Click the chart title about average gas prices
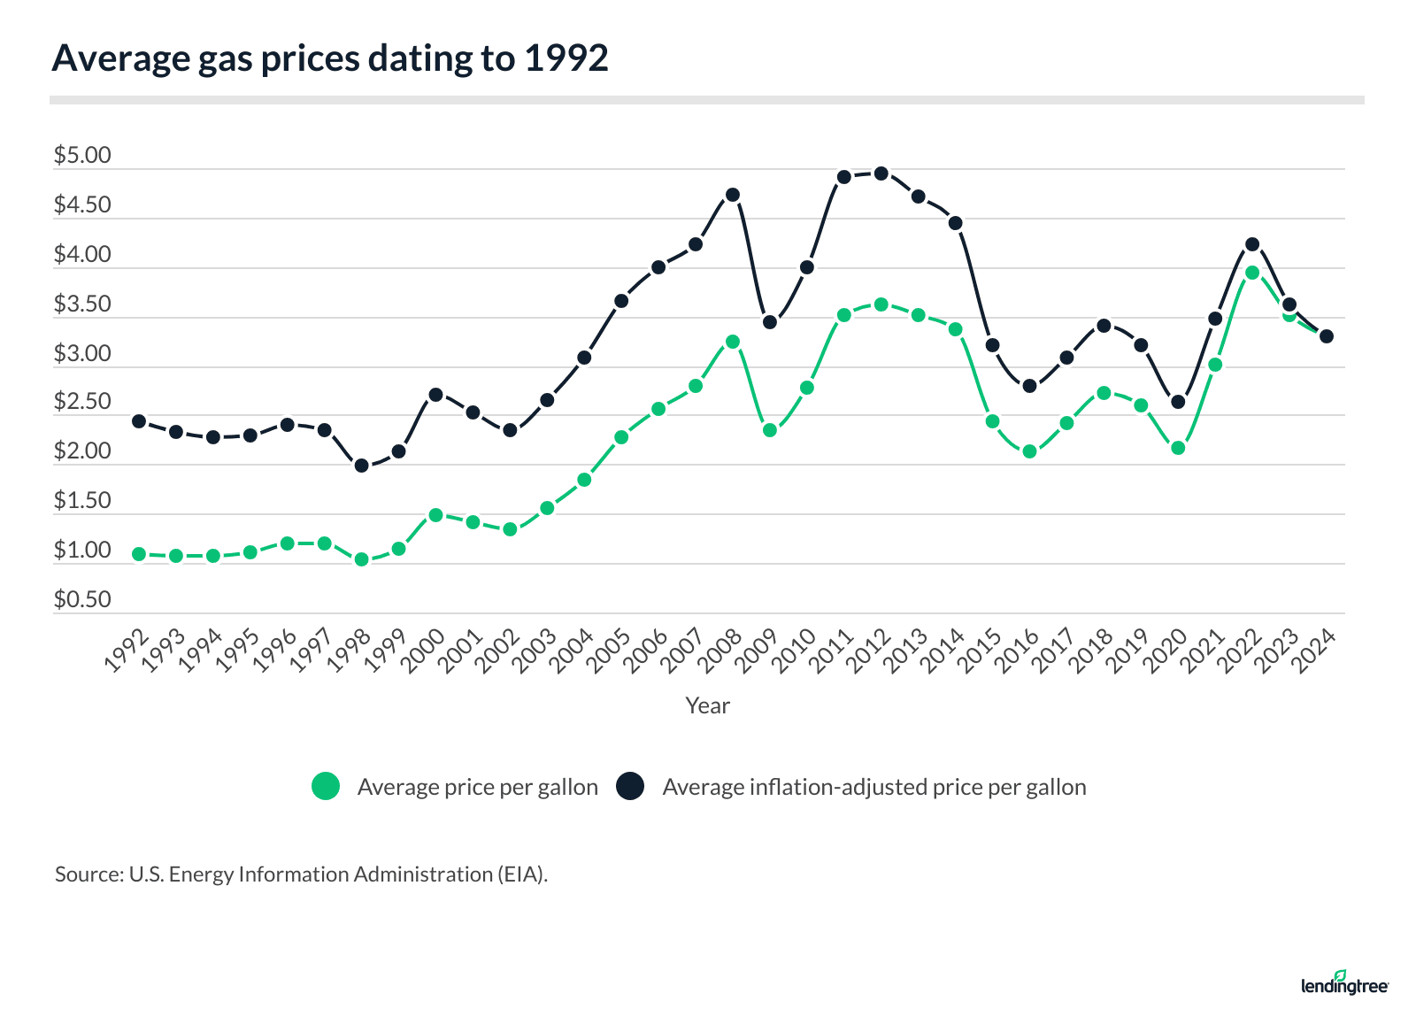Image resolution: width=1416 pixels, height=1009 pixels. coord(330,58)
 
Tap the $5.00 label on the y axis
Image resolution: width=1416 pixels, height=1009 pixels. coord(82,156)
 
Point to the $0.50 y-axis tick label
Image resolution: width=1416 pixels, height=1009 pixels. coord(82,600)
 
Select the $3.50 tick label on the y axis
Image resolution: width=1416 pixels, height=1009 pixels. coord(82,304)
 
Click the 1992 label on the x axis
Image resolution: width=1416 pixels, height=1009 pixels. coord(127,651)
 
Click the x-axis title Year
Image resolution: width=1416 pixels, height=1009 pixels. coord(707,705)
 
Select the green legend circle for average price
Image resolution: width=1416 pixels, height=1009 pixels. coord(326,786)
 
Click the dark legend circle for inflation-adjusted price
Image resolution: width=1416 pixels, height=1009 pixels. coord(630,786)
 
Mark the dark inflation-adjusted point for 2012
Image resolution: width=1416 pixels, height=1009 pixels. coord(881,173)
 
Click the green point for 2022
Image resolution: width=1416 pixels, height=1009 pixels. coord(1252,273)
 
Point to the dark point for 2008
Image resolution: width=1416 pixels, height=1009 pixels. coord(733,195)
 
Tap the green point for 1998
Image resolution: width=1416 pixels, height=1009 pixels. coord(361,559)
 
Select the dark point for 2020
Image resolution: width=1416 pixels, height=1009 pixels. coord(1178,402)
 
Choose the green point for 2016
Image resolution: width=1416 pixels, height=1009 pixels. coord(1029,451)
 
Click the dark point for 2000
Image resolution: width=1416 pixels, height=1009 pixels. coord(435,395)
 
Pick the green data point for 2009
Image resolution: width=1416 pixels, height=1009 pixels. coord(770,430)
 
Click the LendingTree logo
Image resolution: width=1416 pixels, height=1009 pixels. coord(1344,983)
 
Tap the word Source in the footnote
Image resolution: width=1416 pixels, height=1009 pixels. coord(87,874)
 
